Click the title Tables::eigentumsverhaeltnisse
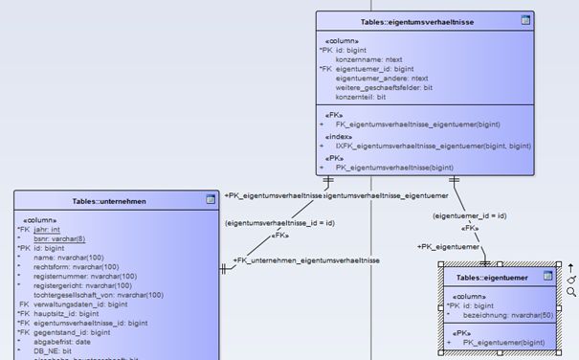(x=416, y=20)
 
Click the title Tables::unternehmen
(x=109, y=201)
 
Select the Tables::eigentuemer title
(x=491, y=277)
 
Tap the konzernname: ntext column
(x=368, y=59)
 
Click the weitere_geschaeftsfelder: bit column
(x=384, y=88)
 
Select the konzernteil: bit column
(x=361, y=98)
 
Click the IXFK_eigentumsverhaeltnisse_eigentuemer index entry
(x=433, y=146)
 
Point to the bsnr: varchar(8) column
(x=59, y=238)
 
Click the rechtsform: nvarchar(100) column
(x=76, y=267)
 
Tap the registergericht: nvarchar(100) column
(x=81, y=285)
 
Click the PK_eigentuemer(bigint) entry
(x=504, y=342)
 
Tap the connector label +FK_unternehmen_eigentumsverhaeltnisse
(x=306, y=260)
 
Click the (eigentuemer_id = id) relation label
(x=469, y=216)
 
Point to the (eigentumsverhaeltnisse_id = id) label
(x=279, y=223)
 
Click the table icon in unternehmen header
(x=210, y=200)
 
